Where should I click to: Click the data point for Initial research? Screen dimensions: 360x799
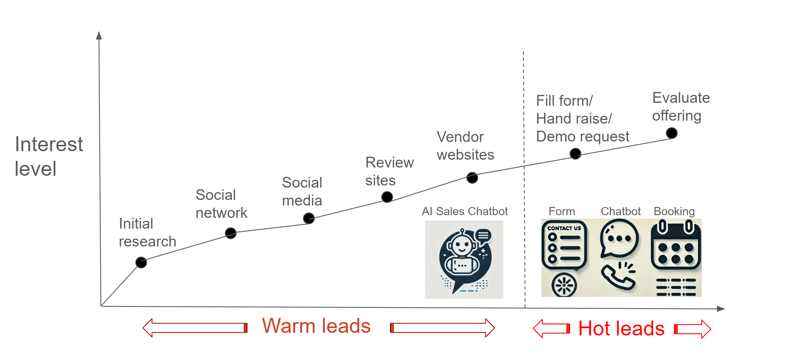coord(141,262)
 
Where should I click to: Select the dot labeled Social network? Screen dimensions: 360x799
coord(231,233)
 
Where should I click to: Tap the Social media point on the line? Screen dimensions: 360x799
coord(309,218)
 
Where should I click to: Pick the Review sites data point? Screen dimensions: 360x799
coord(387,197)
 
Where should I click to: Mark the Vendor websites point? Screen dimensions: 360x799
coord(472,178)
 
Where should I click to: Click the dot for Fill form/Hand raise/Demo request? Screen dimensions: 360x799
coord(575,153)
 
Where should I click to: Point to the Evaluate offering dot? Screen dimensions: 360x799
coord(672,133)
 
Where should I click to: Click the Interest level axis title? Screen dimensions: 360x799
coord(48,156)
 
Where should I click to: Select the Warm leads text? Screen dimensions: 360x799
coord(316,326)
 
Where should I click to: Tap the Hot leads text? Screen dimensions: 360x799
coord(621,329)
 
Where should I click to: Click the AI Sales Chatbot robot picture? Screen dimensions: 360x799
coord(464,259)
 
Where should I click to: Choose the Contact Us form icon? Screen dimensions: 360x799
coord(564,246)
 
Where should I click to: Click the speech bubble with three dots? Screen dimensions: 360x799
coord(619,239)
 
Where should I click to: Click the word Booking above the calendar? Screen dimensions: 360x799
coord(674,211)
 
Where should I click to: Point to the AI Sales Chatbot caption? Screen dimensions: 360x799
coord(464,211)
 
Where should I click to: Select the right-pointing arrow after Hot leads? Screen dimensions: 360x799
coord(693,329)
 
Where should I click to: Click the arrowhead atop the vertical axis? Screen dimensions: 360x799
coord(99,35)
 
